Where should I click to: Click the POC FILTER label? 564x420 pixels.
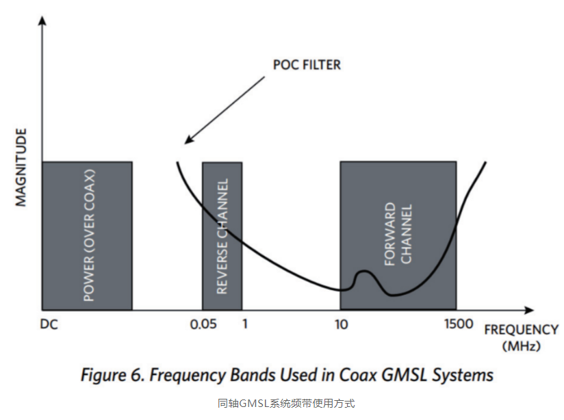tap(306, 66)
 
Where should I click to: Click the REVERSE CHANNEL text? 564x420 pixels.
tap(222, 236)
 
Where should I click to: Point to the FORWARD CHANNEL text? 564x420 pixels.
tap(398, 234)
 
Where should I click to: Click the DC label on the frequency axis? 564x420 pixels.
tap(49, 324)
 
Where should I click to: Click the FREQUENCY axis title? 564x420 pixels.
tap(520, 329)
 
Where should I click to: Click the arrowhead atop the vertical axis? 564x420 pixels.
tap(43, 21)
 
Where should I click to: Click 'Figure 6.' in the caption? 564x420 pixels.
tap(112, 375)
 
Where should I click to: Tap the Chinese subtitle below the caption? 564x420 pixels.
tap(286, 404)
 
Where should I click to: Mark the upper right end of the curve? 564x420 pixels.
tap(485, 163)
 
